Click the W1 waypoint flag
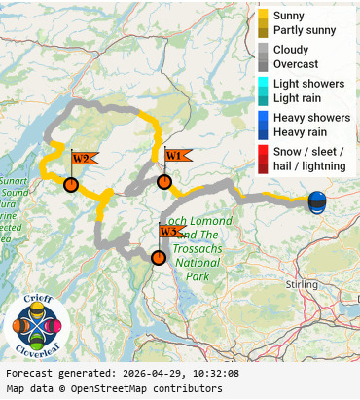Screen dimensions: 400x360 pos(175,156)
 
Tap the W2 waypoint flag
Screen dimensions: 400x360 pos(82,159)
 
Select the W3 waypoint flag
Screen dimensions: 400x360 pos(169,232)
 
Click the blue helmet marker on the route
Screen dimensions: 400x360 pos(317,202)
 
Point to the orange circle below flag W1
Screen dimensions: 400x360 pos(164,181)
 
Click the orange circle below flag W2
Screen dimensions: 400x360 pos(70,184)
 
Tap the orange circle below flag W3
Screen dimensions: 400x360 pos(158,257)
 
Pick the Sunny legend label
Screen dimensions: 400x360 pos(289,16)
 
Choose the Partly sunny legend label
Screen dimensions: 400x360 pos(305,30)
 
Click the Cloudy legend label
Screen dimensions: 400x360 pos(292,50)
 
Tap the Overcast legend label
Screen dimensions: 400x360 pos(295,63)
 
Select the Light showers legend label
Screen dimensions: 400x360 pos(308,84)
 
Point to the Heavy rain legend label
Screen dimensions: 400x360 pos(300,131)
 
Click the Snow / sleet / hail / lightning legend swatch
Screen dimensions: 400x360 pos(263,159)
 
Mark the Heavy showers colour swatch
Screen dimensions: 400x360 pos(263,118)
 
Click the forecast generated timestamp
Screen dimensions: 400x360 pos(122,373)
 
